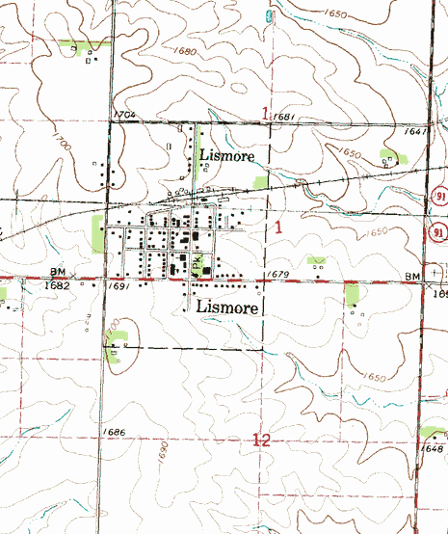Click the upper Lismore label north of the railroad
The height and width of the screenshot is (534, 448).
227,154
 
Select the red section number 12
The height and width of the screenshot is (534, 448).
261,441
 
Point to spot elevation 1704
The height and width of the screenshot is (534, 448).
123,115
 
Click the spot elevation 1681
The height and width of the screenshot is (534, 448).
283,117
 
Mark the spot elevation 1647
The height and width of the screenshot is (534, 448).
416,131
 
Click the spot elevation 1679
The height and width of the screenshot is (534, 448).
277,276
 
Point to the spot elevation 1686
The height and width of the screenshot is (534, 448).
113,432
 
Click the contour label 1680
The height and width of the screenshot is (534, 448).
185,50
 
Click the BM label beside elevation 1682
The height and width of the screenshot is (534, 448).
58,274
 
